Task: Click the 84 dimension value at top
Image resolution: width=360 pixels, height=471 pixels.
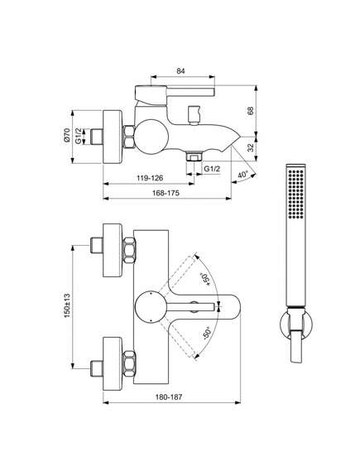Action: point(180,71)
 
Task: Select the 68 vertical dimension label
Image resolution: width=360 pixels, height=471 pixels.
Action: point(250,111)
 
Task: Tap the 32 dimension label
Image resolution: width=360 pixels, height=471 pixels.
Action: point(250,147)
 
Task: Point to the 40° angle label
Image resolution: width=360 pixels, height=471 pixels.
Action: point(243,174)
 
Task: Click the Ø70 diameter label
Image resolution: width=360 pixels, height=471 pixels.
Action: point(67,135)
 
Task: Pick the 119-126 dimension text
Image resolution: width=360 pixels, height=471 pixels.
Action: point(150,178)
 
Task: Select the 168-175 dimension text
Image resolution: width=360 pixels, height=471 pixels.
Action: point(166,193)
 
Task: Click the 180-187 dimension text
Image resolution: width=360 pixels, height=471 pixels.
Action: point(169,397)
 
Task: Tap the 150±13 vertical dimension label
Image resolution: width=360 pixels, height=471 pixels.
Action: point(67,305)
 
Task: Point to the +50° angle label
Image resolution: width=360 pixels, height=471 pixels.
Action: point(205,279)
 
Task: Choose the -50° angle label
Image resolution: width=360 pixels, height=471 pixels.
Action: point(207,333)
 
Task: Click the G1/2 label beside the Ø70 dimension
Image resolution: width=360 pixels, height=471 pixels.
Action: point(78,136)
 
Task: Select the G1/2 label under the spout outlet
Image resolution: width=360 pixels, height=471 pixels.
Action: point(212,169)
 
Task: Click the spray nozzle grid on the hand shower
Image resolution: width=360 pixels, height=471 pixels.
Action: point(295,193)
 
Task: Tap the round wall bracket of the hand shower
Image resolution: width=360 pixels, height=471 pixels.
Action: point(296,324)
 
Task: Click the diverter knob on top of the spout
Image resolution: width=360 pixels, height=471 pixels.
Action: point(194,115)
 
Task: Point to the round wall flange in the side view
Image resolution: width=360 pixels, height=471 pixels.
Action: point(113,137)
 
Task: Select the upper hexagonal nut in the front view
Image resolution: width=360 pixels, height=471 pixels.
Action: point(129,251)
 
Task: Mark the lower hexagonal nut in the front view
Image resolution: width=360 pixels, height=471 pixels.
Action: point(129,363)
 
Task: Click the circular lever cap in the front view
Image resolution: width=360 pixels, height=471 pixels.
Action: point(151,307)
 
